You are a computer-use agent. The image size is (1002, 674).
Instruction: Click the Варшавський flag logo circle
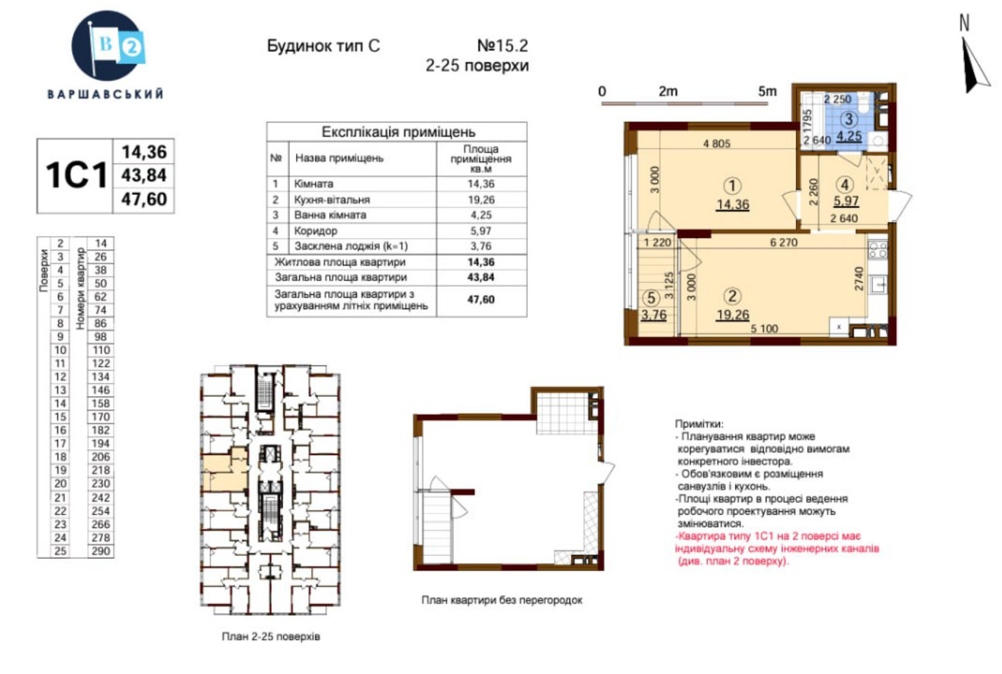click(x=106, y=46)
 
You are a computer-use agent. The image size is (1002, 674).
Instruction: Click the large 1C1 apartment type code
click(x=76, y=175)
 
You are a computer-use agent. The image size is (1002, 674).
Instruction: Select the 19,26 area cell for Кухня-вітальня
click(x=481, y=200)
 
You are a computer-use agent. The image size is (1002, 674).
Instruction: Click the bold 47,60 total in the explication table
click(x=481, y=299)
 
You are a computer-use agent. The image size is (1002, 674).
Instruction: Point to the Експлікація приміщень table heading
click(x=398, y=132)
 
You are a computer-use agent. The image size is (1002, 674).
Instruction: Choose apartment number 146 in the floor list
click(x=101, y=390)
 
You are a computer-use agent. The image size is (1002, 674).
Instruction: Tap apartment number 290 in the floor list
click(x=101, y=551)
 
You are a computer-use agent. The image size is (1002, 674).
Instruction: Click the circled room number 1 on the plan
click(x=732, y=186)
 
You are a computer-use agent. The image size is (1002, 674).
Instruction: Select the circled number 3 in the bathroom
click(x=849, y=119)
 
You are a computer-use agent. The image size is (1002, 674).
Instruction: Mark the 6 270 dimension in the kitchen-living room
click(x=783, y=242)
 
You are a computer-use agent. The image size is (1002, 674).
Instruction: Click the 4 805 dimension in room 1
click(x=716, y=143)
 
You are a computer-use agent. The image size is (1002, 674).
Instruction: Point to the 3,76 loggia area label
click(x=654, y=315)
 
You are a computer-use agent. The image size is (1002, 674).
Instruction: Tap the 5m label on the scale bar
click(x=767, y=91)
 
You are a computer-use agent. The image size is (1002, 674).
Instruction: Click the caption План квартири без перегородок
click(x=502, y=600)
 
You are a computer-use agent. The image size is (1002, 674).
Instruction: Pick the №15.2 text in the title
click(x=503, y=46)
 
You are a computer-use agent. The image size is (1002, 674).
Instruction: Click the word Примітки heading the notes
click(x=699, y=424)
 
